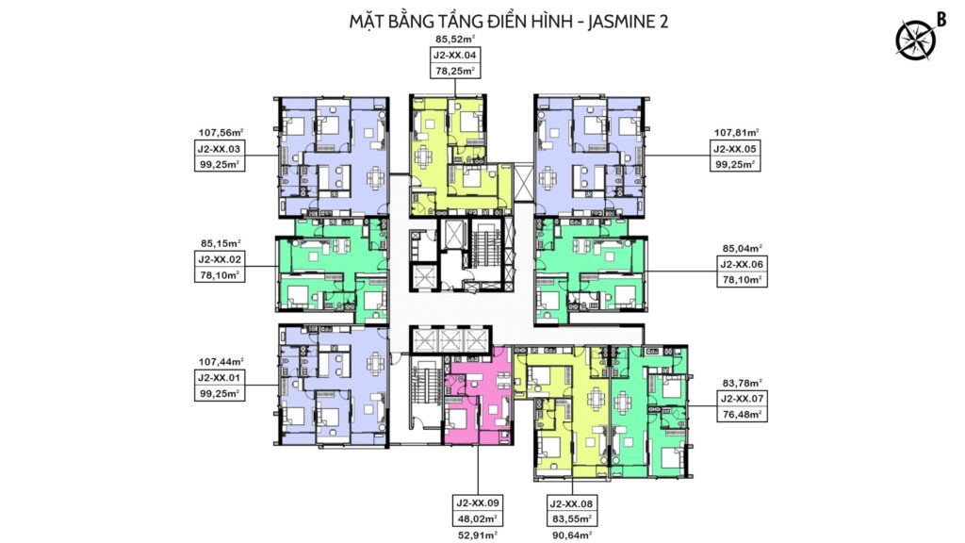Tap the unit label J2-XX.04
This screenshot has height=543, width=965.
pos(455,55)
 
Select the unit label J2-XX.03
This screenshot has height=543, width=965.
pos(219,149)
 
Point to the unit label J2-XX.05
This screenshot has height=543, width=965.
pos(735,149)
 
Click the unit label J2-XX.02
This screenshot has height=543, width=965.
pos(219,260)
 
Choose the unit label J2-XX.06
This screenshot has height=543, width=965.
pos(742,265)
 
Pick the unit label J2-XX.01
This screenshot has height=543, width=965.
pos(219,377)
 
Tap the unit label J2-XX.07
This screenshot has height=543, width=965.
pos(742,399)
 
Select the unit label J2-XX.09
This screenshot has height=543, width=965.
pos(477,503)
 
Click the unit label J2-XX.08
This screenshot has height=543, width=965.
pos(570,503)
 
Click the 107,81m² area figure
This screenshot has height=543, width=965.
pos(736,132)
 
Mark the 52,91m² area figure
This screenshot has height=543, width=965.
pos(477,535)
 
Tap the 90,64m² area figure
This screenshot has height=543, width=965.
pos(570,535)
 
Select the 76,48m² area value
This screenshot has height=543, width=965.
pos(742,415)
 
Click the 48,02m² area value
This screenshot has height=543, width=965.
pos(477,519)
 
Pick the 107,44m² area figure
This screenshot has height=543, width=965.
pos(221,361)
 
